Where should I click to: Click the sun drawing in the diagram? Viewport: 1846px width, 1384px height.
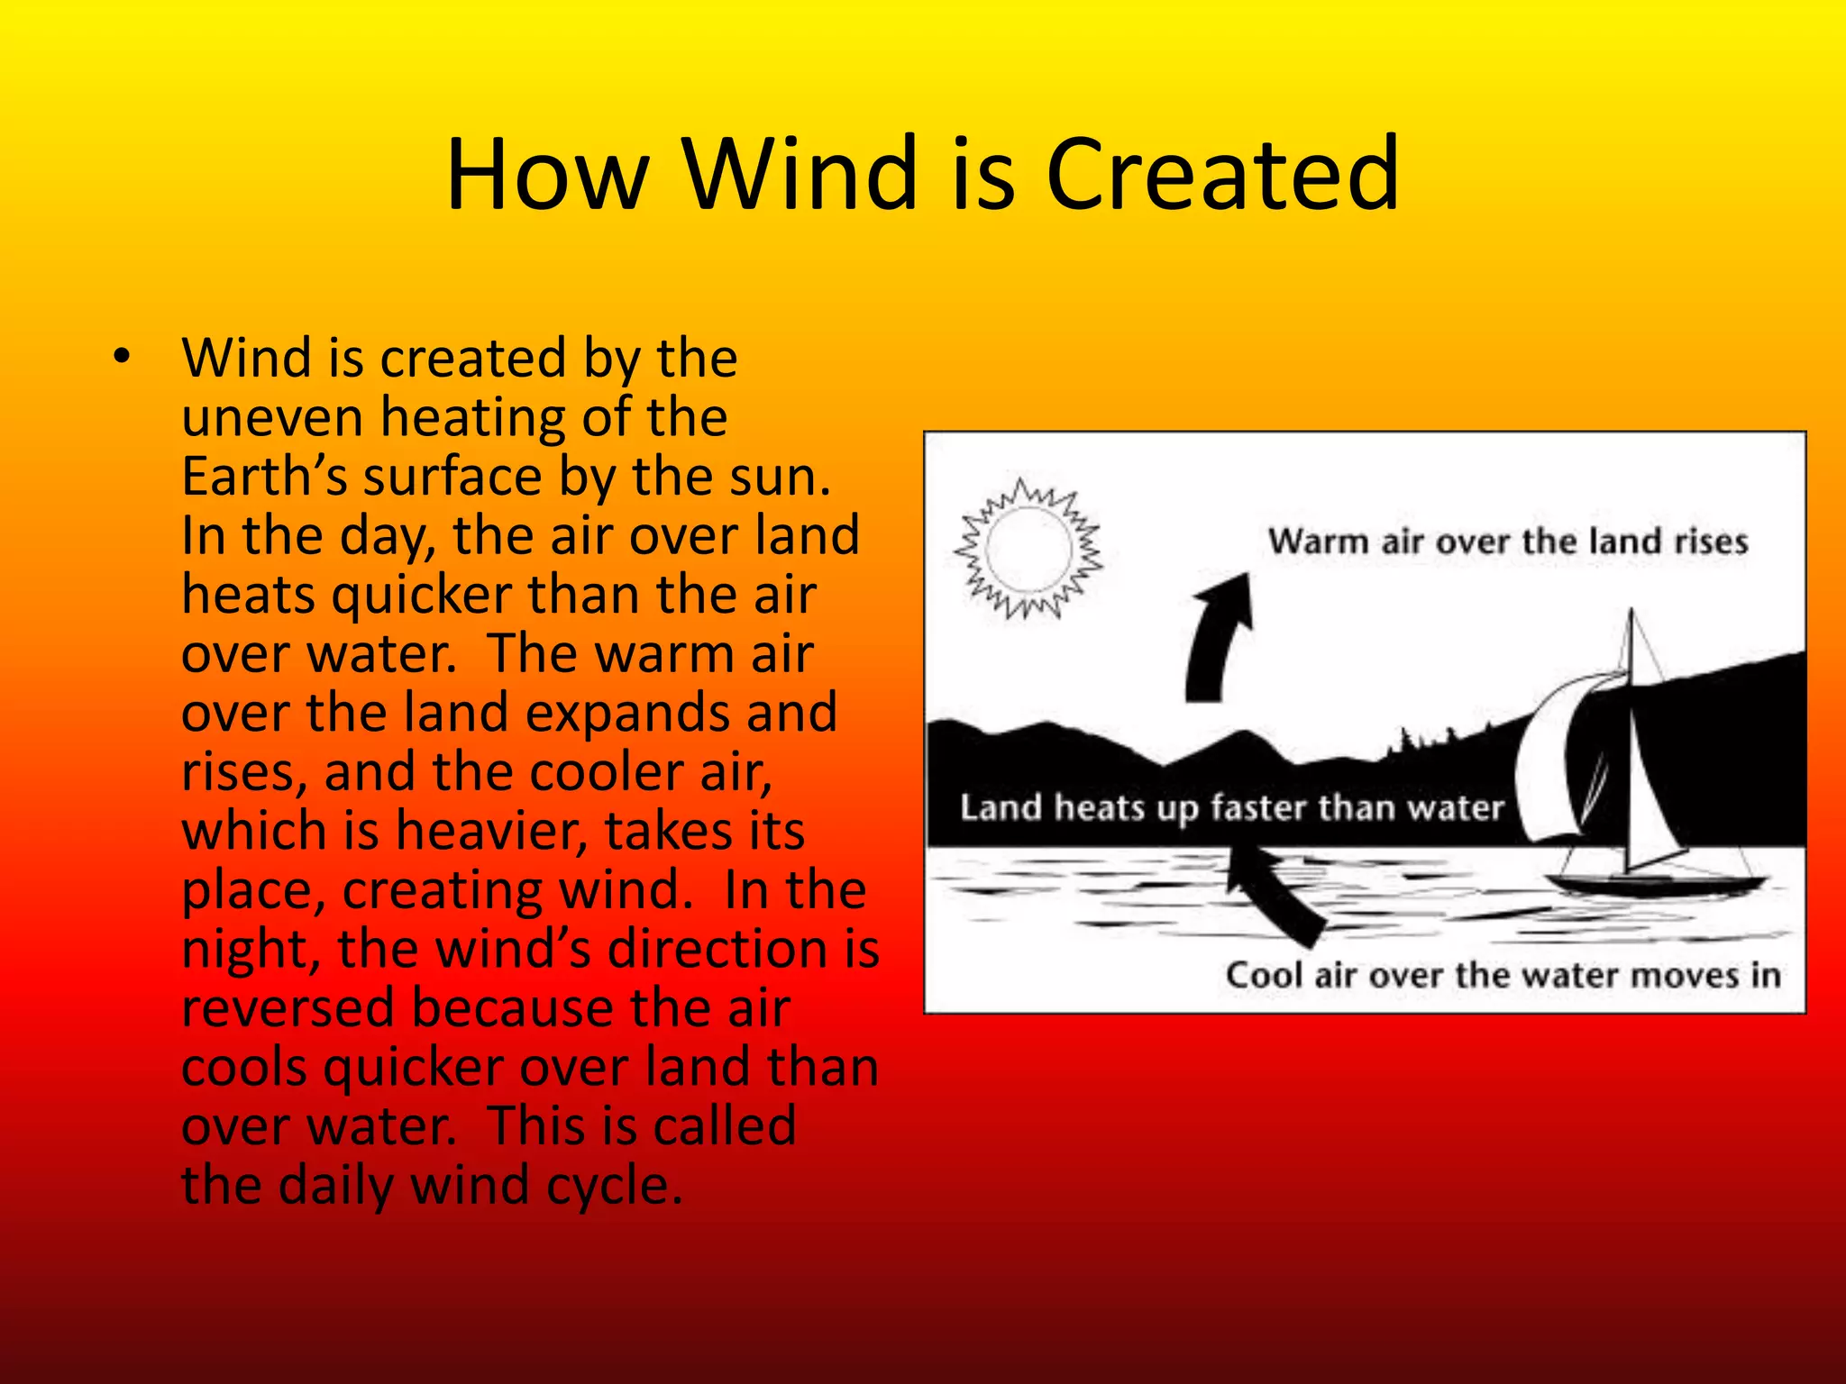[x=1028, y=548]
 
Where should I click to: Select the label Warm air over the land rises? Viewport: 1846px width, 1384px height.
[x=1507, y=542]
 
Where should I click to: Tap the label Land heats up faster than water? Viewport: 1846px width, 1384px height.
[x=1231, y=807]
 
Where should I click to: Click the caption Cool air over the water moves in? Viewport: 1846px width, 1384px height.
[x=1503, y=975]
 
